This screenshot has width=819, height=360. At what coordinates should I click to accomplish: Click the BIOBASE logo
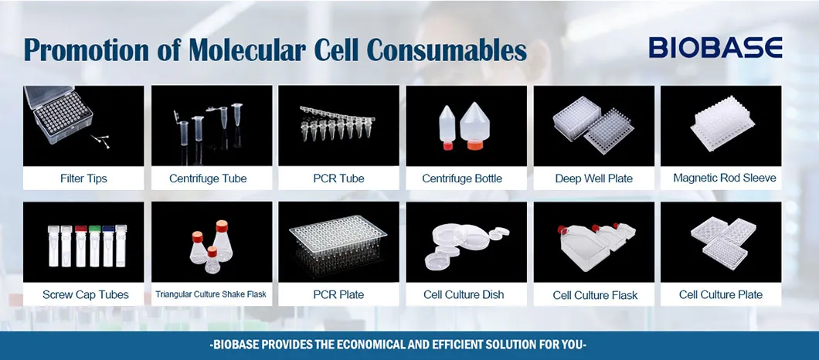coord(715,47)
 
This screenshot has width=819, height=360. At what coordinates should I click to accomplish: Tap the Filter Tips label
coord(83,178)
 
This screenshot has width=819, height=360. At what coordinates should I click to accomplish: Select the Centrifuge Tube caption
coord(208,178)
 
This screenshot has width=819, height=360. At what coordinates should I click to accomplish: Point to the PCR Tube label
coord(338,178)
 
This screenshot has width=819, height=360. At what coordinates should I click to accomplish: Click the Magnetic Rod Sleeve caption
coord(725,178)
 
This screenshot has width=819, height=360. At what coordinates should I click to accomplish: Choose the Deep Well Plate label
coord(594,178)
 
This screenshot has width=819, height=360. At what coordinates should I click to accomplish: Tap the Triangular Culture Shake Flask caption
coord(211,294)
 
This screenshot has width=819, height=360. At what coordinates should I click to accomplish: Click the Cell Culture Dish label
coord(464,294)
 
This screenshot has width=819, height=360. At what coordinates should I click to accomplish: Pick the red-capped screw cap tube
coord(80,246)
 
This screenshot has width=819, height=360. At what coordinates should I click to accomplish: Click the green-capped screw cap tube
coord(94,246)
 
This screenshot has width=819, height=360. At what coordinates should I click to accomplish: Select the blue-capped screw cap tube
coord(107,246)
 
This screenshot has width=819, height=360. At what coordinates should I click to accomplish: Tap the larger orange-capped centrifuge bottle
coord(474,126)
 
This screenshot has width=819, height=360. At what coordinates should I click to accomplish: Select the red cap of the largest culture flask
coord(562,230)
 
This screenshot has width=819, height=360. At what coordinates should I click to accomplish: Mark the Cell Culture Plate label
coord(720,294)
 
